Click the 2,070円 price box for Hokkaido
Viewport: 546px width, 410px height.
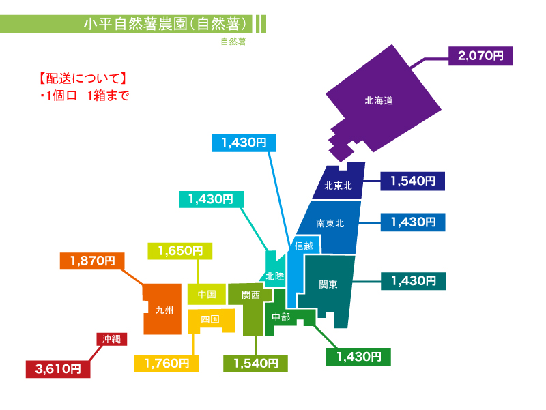tap(480, 56)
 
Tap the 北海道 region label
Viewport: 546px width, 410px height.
tap(379, 100)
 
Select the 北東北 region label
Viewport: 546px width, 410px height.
tap(338, 186)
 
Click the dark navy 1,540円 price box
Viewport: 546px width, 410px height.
tap(413, 181)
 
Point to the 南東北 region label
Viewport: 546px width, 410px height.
tap(330, 223)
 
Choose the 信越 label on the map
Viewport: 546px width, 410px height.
tap(304, 246)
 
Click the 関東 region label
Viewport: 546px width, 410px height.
tap(328, 284)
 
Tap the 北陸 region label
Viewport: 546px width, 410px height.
tap(275, 276)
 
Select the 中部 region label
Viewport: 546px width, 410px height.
tap(281, 317)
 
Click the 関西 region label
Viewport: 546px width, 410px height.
tap(250, 295)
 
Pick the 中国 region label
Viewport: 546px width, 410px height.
tap(207, 294)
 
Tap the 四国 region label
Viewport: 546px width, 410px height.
tap(210, 319)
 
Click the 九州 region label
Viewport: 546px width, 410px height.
tap(164, 310)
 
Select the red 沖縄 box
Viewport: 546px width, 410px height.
tap(112, 339)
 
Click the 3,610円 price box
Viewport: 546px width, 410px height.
tap(58, 369)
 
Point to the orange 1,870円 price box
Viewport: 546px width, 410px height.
tap(92, 261)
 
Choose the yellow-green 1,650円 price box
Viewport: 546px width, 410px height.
tap(180, 251)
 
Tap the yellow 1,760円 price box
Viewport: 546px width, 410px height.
tap(167, 364)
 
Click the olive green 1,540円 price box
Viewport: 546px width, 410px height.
tap(255, 364)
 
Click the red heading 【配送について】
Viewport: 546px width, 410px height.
tap(82, 78)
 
